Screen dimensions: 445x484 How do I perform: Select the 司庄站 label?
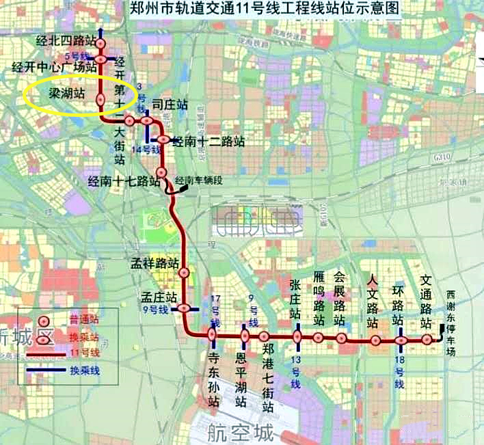170,105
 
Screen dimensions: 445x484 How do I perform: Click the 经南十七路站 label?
124,181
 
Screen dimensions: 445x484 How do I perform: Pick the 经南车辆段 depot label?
199,180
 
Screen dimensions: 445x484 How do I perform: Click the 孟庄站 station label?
159,298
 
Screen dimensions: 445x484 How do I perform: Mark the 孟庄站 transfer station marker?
185,308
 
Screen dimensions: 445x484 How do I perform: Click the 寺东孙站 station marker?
212,335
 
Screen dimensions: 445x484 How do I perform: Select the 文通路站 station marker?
427,339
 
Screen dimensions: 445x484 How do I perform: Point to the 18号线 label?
401,373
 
